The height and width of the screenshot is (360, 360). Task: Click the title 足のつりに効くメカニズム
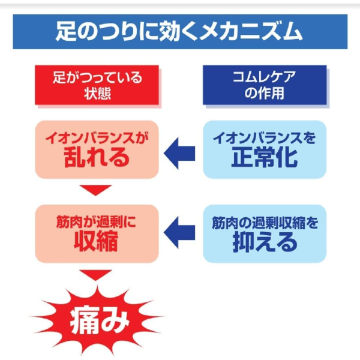[179, 31]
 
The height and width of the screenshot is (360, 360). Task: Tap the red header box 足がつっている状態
[97, 85]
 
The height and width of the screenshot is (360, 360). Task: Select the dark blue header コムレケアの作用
[265, 85]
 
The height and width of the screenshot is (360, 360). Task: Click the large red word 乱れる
[97, 157]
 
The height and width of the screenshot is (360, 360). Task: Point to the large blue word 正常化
[265, 157]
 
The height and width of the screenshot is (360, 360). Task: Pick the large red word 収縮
[96, 241]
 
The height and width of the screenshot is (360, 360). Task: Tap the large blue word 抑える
[265, 242]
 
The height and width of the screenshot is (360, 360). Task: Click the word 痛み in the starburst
[100, 321]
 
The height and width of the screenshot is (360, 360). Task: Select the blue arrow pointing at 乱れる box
[179, 153]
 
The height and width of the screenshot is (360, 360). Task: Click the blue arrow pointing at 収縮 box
[179, 232]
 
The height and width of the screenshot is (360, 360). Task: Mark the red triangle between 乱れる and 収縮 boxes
[96, 190]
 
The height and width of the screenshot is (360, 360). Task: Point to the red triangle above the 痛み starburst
[96, 275]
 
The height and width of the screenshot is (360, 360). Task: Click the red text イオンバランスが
[97, 138]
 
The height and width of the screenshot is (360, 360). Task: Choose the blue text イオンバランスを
[265, 138]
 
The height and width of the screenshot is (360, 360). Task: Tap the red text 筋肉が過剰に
[96, 222]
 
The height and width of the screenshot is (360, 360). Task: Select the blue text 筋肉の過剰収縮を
[265, 223]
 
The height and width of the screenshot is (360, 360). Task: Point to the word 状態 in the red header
[97, 94]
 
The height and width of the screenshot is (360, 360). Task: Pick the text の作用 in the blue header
[265, 93]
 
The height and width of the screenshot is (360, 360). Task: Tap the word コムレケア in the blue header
[264, 77]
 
